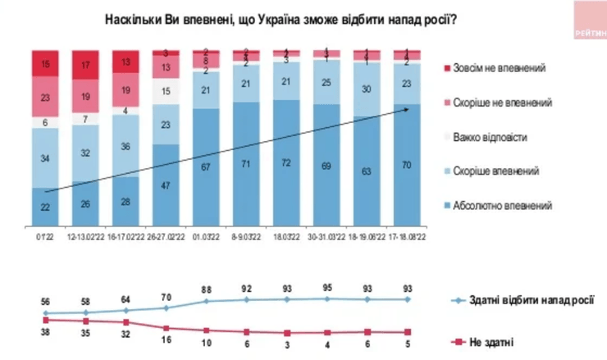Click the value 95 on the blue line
click(x=326, y=287)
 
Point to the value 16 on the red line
click(x=167, y=337)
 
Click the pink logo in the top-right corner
click(x=588, y=21)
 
